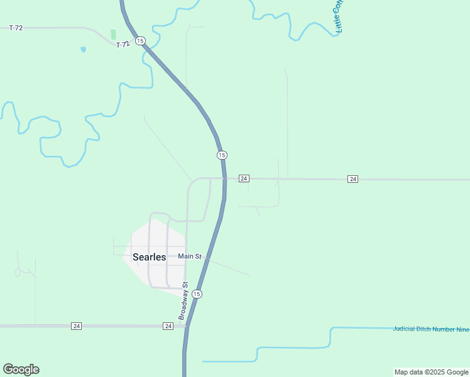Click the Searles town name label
149,257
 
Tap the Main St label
189,256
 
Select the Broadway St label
183,302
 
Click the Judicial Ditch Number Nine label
430,329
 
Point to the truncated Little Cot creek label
339,16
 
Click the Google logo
21,369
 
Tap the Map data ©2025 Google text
431,372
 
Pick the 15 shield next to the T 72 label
139,41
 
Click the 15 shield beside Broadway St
197,294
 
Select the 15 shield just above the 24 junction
221,155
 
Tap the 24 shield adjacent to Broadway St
168,326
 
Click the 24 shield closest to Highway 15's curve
244,179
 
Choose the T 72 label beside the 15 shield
123,44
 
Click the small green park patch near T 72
113,35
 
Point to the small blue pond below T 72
83,49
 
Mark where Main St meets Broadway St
187,256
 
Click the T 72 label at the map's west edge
16,28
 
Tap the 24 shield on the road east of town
352,179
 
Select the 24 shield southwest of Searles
77,326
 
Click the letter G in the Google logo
8,369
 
